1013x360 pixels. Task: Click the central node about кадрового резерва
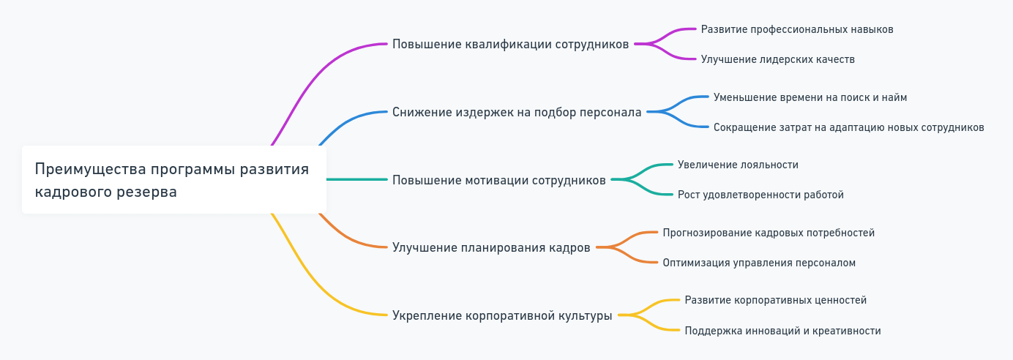coord(173,180)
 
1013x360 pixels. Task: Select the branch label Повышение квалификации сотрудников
coord(510,44)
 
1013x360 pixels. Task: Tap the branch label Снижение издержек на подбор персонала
coord(517,112)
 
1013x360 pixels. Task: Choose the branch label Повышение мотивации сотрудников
coord(498,180)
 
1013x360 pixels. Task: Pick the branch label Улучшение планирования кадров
coord(491,247)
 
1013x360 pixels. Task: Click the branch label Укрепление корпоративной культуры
coord(502,315)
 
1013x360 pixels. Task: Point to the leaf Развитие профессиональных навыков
coord(797,29)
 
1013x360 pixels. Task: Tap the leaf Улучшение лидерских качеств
coord(777,59)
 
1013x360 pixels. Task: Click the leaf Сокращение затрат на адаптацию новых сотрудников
coord(848,127)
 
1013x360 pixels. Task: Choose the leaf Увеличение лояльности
coord(738,165)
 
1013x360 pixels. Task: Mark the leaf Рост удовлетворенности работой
coord(760,195)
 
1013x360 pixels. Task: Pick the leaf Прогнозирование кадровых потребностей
coord(769,233)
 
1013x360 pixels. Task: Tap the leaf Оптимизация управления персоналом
coord(759,263)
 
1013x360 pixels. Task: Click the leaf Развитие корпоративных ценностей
coord(775,300)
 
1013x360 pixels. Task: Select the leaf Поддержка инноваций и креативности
coord(782,331)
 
